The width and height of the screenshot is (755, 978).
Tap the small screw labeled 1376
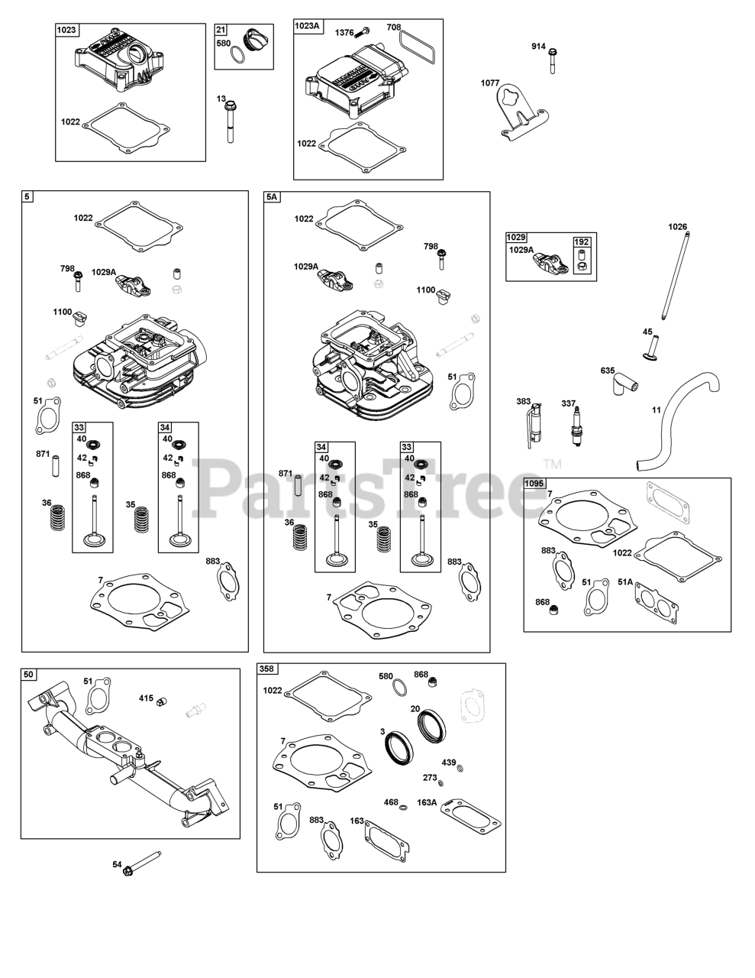[363, 32]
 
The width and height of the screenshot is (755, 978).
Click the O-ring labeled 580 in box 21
[238, 54]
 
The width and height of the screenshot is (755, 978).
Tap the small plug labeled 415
[161, 701]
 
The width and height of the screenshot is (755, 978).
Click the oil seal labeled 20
[433, 724]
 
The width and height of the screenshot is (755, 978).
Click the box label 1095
[535, 484]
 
